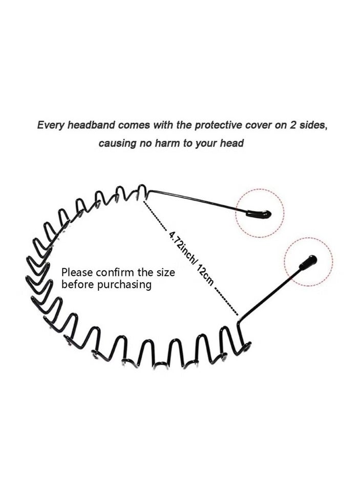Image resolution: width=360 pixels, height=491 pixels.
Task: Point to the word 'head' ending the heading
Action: (x=231, y=143)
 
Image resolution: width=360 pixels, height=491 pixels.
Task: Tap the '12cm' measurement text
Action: (x=205, y=274)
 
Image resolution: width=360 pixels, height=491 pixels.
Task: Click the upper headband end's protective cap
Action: (x=259, y=214)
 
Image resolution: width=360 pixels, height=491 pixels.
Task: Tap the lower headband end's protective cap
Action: (x=308, y=262)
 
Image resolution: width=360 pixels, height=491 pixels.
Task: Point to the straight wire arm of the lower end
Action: (x=269, y=291)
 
